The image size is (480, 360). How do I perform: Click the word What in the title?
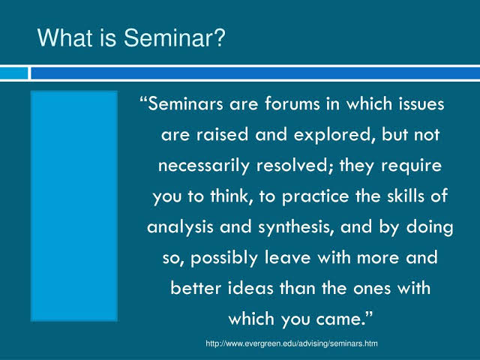pyautogui.click(x=64, y=37)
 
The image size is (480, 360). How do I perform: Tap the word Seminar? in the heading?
pyautogui.click(x=175, y=37)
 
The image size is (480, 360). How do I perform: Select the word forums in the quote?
pyautogui.click(x=292, y=103)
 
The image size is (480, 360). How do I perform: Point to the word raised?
pyautogui.click(x=222, y=135)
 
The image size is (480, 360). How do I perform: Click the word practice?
pyautogui.click(x=315, y=196)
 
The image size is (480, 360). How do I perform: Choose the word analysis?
pyautogui.click(x=180, y=227)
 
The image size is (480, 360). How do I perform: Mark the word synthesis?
pyautogui.click(x=296, y=227)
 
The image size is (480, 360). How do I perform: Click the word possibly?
pyautogui.click(x=223, y=258)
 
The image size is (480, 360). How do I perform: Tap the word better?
pyautogui.click(x=196, y=288)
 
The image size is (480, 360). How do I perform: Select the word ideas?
pyautogui.click(x=250, y=288)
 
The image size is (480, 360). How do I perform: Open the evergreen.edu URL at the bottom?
pyautogui.click(x=292, y=343)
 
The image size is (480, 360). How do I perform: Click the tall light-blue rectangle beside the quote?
pyautogui.click(x=74, y=206)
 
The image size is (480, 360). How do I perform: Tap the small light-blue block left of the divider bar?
pyautogui.click(x=13, y=73)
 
